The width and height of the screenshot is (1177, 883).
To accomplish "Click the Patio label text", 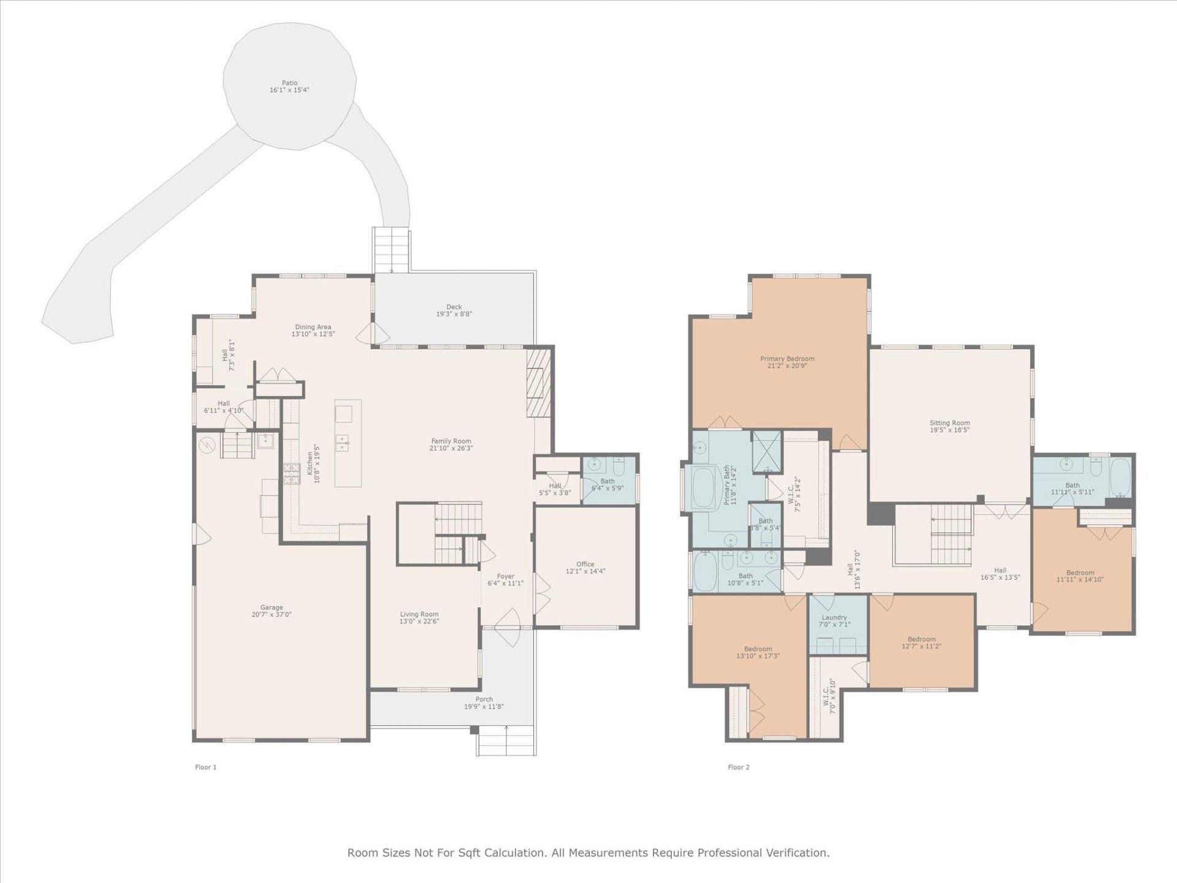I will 289,83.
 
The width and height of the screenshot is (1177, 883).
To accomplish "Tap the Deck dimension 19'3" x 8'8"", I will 454,314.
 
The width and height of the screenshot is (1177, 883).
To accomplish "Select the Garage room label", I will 272,608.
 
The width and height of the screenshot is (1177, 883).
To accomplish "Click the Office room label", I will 585,564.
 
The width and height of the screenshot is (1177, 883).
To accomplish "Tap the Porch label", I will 484,699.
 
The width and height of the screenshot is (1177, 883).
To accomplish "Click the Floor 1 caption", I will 206,767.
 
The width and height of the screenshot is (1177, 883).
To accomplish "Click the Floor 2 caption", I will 739,767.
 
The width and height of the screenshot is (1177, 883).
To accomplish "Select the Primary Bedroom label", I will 787,359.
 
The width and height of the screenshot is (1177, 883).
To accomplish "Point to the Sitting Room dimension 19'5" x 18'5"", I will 949,430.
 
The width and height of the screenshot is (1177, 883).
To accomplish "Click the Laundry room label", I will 834,617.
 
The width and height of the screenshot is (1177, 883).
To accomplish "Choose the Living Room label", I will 419,614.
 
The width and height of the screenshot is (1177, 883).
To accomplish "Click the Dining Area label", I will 313,327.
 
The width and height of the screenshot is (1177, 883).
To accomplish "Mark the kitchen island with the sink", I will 348,443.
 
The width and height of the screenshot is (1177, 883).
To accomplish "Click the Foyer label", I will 505,576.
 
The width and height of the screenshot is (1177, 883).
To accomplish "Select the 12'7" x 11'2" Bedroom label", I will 921,639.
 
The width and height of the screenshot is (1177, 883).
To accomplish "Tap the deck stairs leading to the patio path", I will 390,250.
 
